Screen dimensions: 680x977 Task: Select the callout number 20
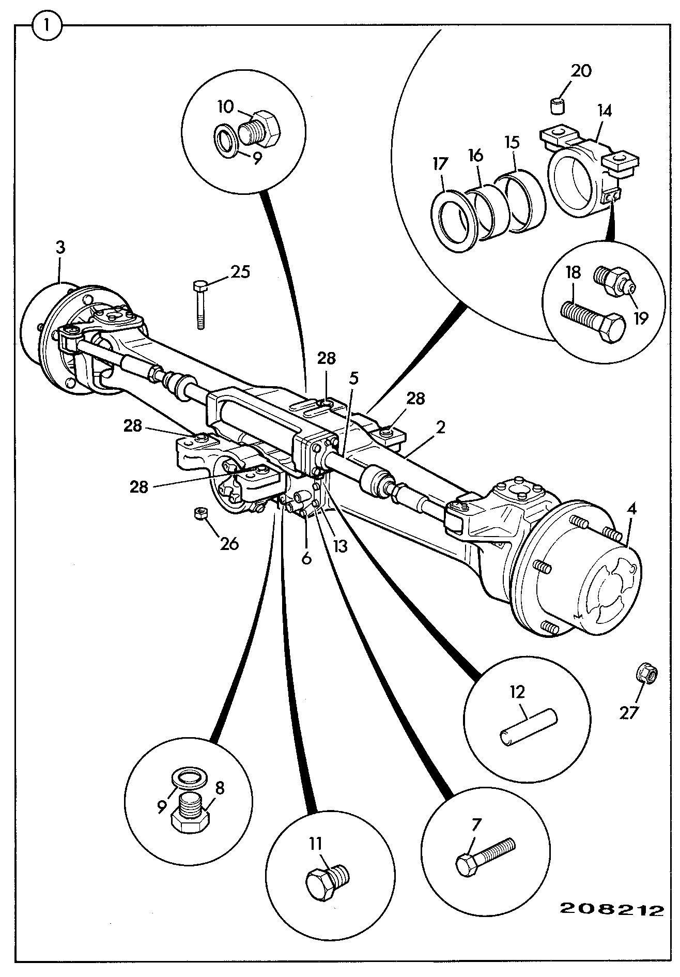pos(580,71)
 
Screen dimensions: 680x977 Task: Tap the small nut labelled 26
pos(200,514)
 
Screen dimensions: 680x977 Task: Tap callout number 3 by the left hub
pos(60,248)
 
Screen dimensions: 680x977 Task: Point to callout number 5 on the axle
pos(353,378)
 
